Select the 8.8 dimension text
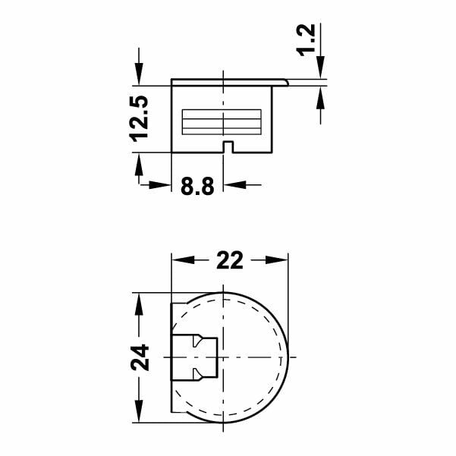pos(197,187)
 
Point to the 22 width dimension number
pos(230,260)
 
